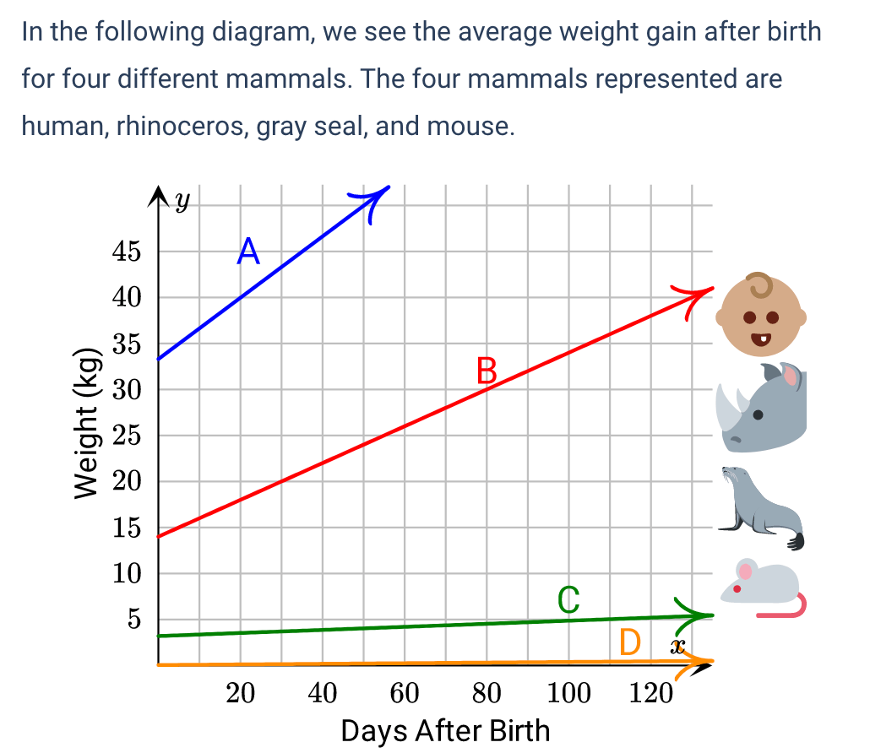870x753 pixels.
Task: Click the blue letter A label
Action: pos(247,251)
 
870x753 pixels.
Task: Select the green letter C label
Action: pos(568,599)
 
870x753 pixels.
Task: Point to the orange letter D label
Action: pos(629,643)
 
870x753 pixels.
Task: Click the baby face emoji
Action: pos(760,314)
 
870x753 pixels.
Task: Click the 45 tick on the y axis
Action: pos(125,252)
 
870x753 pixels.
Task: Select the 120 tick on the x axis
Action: pos(650,694)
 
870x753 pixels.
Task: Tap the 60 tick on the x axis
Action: pos(405,694)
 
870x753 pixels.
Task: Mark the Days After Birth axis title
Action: pos(445,730)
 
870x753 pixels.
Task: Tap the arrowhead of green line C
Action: pos(701,615)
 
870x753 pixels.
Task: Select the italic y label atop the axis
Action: pos(182,200)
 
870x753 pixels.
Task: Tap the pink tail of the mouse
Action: pos(790,609)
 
